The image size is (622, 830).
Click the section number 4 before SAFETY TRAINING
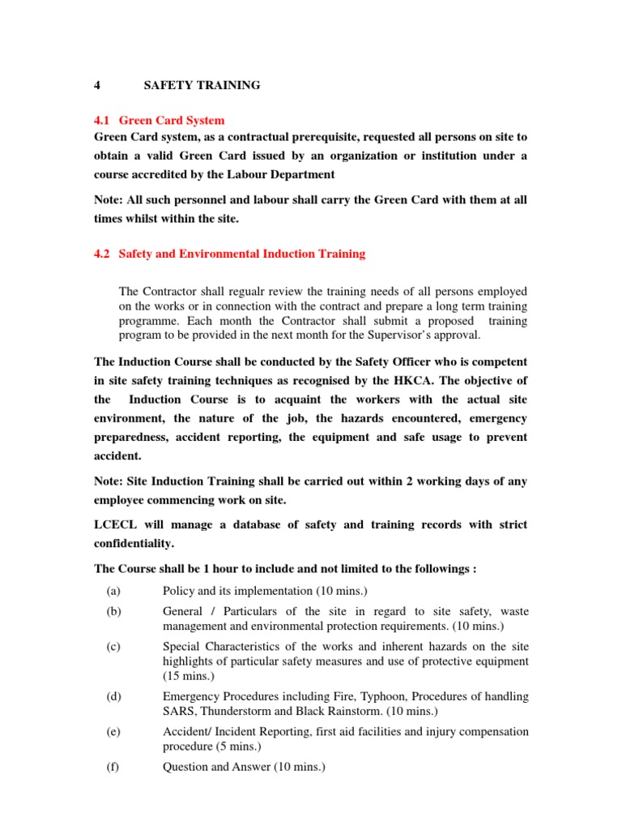(96, 84)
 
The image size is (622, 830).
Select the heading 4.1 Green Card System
(160, 120)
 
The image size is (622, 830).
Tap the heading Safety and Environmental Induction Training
(242, 254)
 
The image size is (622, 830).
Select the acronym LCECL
(114, 525)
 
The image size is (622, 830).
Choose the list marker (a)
(113, 591)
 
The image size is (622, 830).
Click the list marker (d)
(113, 696)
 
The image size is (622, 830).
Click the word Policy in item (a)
(179, 591)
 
